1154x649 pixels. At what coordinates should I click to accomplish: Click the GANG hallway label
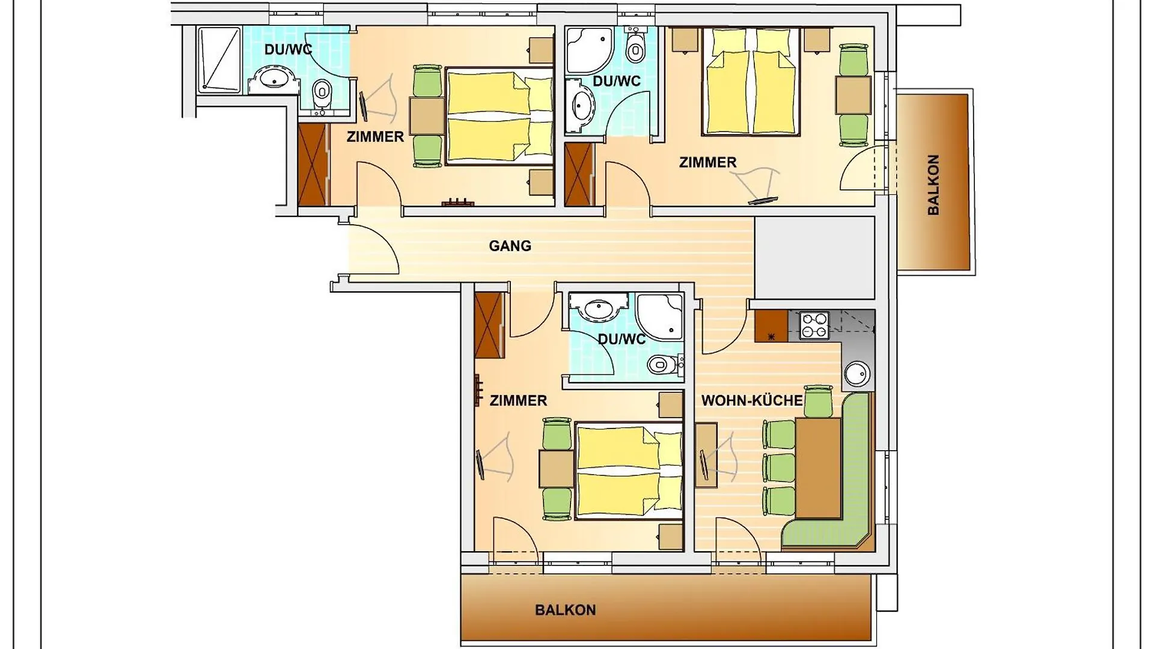coord(510,246)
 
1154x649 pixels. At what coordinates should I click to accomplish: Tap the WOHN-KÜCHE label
coord(752,400)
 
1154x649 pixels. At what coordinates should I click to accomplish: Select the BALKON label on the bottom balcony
coord(566,610)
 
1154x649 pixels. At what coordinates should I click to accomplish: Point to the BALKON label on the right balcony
coord(933,184)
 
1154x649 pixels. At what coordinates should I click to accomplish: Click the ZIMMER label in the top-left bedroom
coord(376,137)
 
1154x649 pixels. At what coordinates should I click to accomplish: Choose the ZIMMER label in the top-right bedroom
coord(707,162)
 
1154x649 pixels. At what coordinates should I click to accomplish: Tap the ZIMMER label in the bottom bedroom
coord(518,400)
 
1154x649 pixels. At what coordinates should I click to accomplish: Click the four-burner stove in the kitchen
coord(814,325)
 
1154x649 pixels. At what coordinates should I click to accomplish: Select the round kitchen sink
coord(856,374)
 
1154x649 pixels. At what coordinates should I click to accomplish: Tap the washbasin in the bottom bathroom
coord(598,309)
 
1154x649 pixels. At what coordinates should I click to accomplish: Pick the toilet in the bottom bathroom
coord(663,364)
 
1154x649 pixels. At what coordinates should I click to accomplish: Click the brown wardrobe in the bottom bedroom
coord(489,325)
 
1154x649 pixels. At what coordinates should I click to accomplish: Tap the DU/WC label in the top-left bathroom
coord(288,49)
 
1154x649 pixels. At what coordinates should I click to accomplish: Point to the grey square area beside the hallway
coord(814,258)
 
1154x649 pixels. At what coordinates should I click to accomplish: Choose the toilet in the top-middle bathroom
coord(634,45)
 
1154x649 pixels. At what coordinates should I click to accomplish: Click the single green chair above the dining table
coord(819,401)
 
